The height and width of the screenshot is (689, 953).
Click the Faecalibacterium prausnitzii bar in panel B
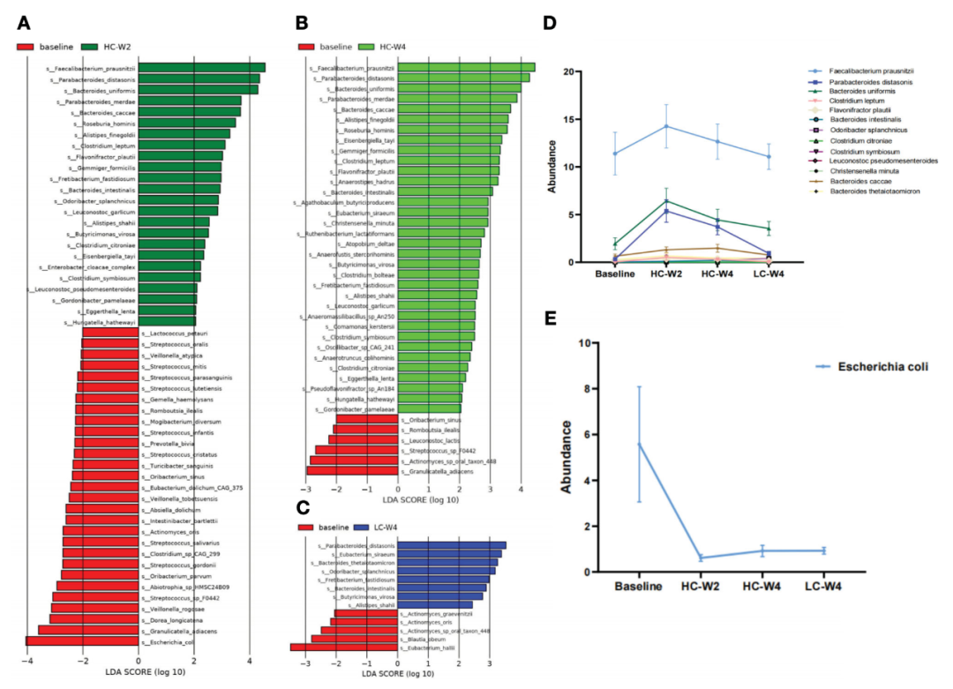point(467,67)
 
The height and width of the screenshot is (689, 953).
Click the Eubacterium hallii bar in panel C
point(344,648)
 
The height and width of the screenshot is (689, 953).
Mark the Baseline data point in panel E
point(639,444)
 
